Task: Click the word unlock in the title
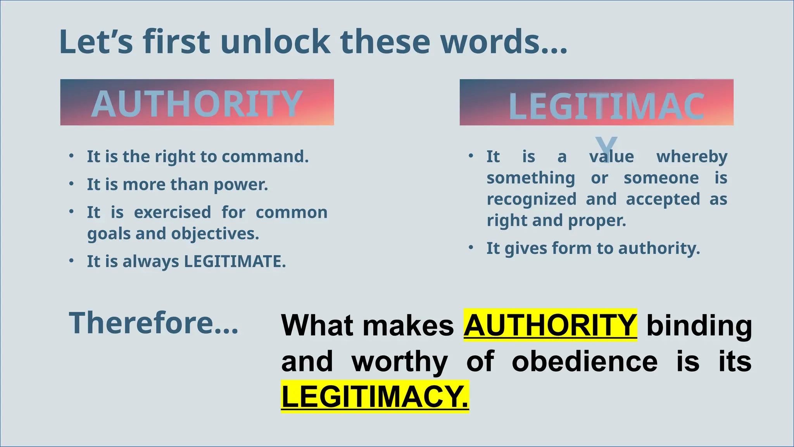click(x=275, y=42)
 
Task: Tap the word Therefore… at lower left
click(x=154, y=323)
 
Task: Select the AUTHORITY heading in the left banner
click(x=197, y=104)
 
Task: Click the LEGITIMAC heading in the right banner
click(x=606, y=107)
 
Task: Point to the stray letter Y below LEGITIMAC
click(x=606, y=146)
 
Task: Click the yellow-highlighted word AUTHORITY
click(x=550, y=325)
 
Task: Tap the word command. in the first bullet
click(x=265, y=157)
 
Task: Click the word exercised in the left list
click(x=173, y=213)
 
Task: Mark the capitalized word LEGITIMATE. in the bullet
click(x=235, y=262)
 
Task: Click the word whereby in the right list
click(x=692, y=157)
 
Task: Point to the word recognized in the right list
click(x=532, y=199)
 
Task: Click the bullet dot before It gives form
click(x=471, y=248)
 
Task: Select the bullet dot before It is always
click(x=71, y=261)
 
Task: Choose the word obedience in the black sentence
click(x=585, y=362)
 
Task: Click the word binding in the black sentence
click(x=699, y=325)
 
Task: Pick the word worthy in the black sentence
click(x=399, y=362)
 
